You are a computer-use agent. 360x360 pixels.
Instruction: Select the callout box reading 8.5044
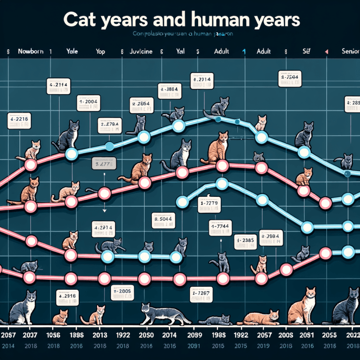click(165, 220)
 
